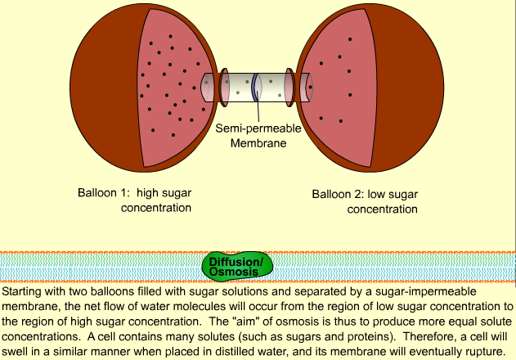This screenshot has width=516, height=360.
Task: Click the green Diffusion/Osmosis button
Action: (x=236, y=266)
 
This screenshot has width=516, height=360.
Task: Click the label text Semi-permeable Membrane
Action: (x=258, y=136)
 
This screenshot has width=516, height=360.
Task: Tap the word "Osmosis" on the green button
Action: (x=236, y=272)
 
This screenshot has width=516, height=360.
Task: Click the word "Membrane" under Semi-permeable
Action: (x=258, y=143)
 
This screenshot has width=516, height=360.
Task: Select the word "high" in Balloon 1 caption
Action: (x=150, y=194)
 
